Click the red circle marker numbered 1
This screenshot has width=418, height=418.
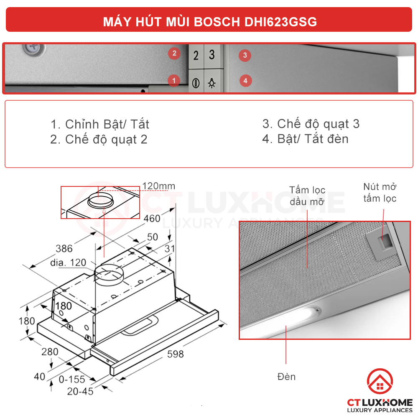click(174, 81)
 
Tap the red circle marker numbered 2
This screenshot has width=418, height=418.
click(174, 53)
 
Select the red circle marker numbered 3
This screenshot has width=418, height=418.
click(245, 55)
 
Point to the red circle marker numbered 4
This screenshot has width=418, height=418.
click(245, 80)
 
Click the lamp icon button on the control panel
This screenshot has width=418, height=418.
click(212, 83)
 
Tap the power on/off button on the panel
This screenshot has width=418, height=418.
click(195, 83)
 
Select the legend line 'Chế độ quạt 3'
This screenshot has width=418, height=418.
click(311, 124)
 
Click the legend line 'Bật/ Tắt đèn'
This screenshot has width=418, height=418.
click(305, 139)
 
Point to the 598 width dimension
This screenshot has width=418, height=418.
click(175, 354)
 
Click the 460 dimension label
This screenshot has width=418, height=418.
click(152, 218)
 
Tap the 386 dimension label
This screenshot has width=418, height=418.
click(64, 249)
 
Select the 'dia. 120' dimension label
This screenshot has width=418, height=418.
click(68, 263)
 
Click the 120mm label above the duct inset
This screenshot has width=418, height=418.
click(158, 186)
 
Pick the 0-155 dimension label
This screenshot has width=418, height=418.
click(71, 380)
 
